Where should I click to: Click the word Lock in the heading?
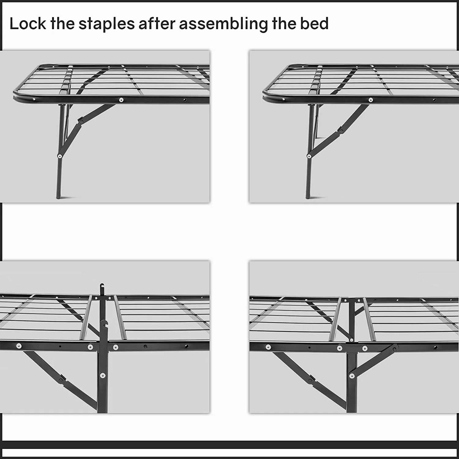click(x=28, y=24)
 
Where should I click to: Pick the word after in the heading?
click(x=157, y=24)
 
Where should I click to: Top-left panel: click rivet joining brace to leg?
click(x=59, y=156)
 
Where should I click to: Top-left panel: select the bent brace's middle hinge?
click(x=80, y=121)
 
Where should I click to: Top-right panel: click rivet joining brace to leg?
click(x=309, y=156)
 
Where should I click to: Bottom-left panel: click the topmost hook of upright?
click(x=102, y=287)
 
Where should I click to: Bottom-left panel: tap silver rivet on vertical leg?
click(x=103, y=375)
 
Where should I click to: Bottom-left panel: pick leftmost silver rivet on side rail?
click(x=19, y=346)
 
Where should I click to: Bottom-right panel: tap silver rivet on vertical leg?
click(x=352, y=375)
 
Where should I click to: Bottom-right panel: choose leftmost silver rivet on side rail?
click(x=268, y=347)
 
